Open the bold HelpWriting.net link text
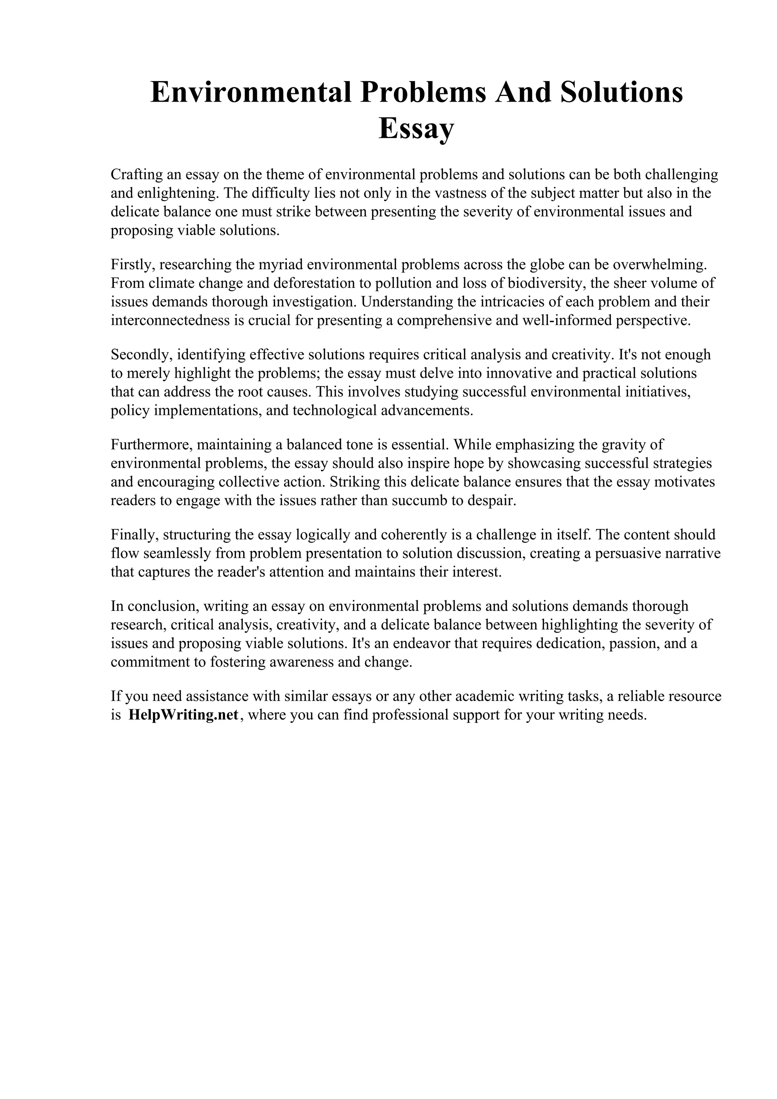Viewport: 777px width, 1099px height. click(x=184, y=715)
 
